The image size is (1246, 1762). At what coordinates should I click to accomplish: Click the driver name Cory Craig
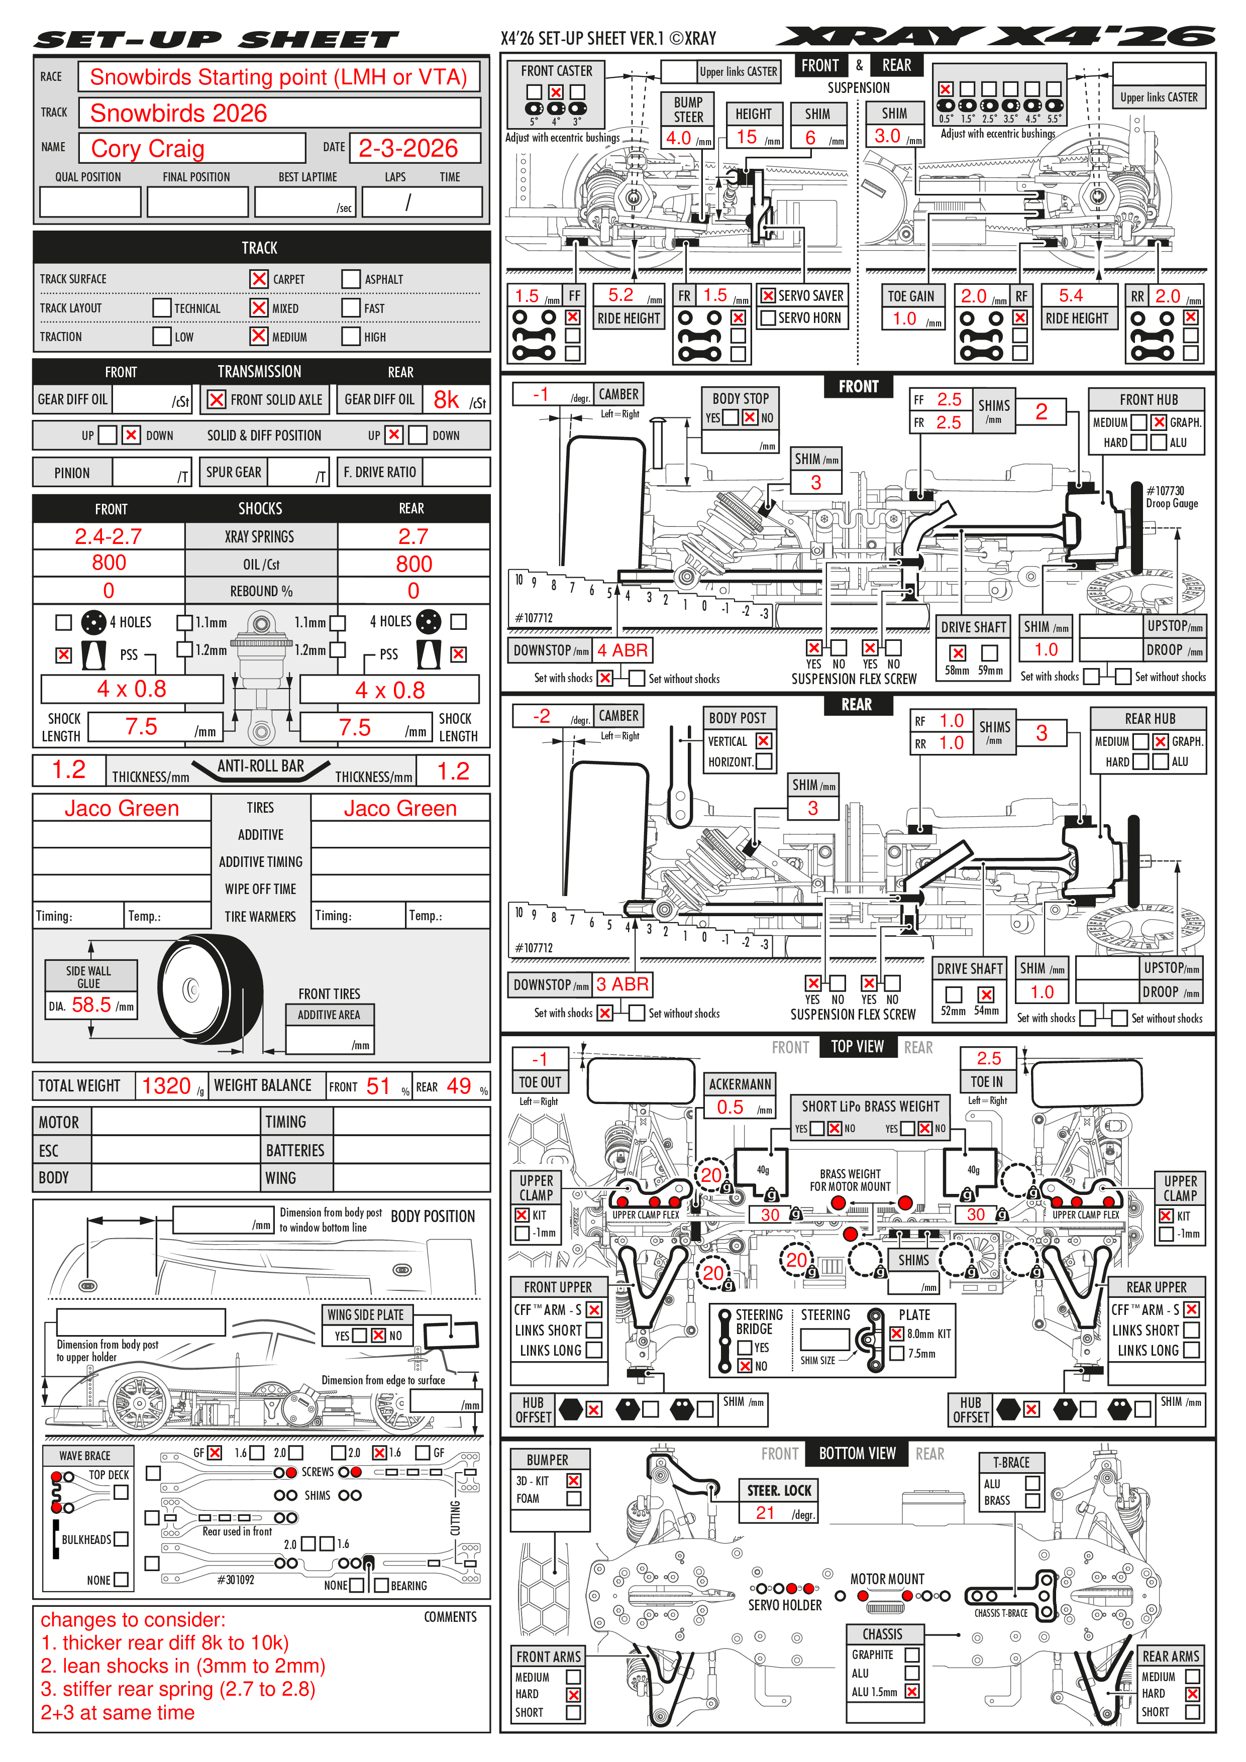pyautogui.click(x=147, y=148)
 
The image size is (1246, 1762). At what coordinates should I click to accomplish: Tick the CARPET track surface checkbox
pyautogui.click(x=259, y=279)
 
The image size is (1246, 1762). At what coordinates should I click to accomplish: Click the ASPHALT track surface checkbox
pyautogui.click(x=351, y=279)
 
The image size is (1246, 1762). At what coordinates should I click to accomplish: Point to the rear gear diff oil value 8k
pyautogui.click(x=446, y=400)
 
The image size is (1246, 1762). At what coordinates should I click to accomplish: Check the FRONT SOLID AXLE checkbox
pyautogui.click(x=217, y=400)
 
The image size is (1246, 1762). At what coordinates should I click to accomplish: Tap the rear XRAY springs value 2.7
pyautogui.click(x=413, y=536)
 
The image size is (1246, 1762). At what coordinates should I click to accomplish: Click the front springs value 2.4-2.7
pyautogui.click(x=108, y=536)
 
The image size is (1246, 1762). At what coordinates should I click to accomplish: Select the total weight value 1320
pyautogui.click(x=166, y=1086)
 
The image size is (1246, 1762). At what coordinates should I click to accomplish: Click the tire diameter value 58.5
pyautogui.click(x=91, y=1005)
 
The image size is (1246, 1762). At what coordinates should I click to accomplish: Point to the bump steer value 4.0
pyautogui.click(x=679, y=138)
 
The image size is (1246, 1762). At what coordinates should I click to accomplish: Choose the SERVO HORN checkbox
pyautogui.click(x=767, y=318)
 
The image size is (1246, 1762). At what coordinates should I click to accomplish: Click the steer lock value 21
pyautogui.click(x=765, y=1512)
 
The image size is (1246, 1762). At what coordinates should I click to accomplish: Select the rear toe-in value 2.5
pyautogui.click(x=989, y=1058)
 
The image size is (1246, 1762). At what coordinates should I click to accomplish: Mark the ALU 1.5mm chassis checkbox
pyautogui.click(x=912, y=1691)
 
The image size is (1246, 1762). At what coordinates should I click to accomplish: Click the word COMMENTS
pyautogui.click(x=450, y=1617)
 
